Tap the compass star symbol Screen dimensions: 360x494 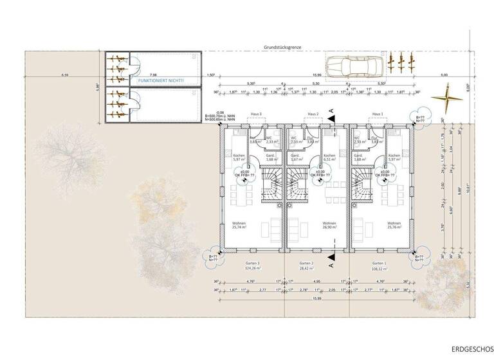[443, 98]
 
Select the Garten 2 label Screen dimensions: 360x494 [306, 263]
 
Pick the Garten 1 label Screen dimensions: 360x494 [379, 263]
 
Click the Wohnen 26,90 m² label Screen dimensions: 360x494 [329, 225]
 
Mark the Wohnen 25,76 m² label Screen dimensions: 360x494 [394, 225]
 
